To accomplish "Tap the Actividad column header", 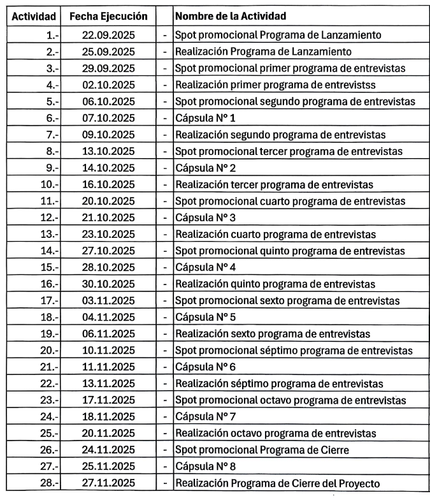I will [34, 16].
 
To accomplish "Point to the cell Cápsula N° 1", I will [201, 118].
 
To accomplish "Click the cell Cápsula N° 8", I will [201, 467].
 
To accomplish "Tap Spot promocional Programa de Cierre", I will [261, 450].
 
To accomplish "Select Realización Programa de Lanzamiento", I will [264, 52].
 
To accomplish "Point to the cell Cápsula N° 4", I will [201, 267].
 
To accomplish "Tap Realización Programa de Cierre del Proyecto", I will [280, 483].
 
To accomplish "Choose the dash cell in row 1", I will [165, 35].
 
